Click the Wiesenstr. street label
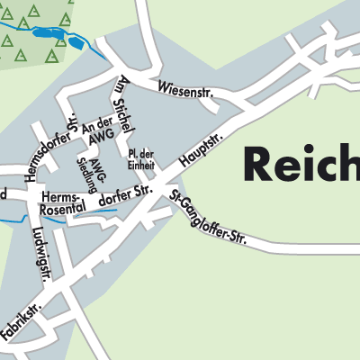(184, 89)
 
